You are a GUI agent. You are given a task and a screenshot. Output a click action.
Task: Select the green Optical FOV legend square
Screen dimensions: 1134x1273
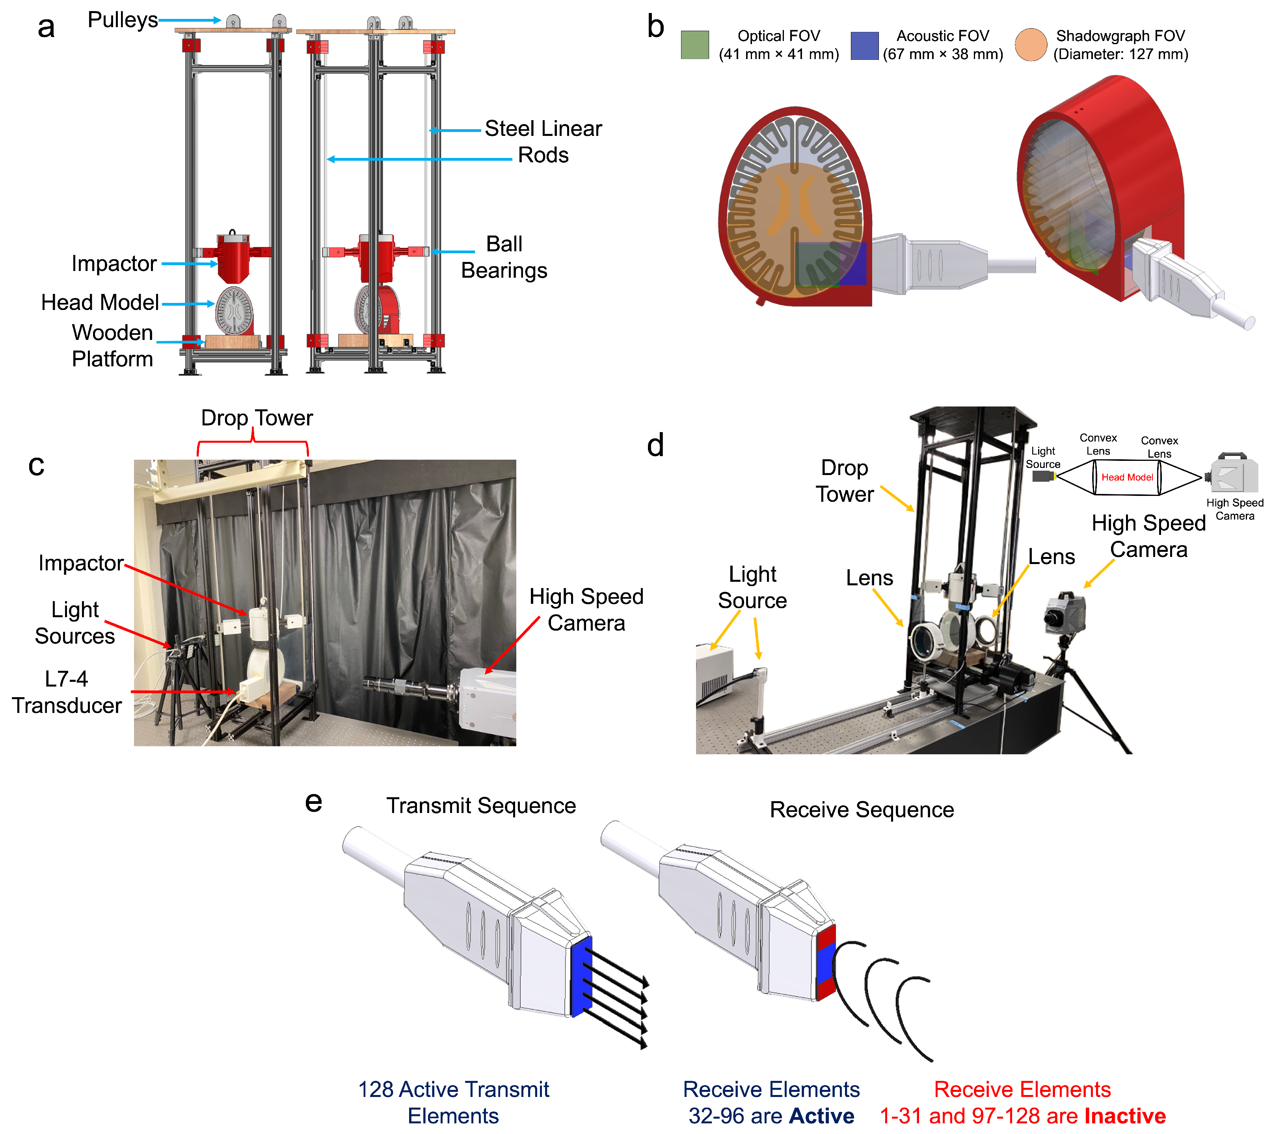click(694, 45)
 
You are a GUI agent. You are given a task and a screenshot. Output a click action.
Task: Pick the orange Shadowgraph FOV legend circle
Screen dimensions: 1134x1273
click(1031, 45)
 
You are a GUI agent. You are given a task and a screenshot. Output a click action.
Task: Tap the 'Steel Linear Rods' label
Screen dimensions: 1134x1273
click(543, 141)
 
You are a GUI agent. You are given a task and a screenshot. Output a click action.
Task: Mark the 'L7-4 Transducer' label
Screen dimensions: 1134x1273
click(67, 692)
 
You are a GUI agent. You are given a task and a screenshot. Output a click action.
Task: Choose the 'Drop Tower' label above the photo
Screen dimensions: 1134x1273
click(256, 418)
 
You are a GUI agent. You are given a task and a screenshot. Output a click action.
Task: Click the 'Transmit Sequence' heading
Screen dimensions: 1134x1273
click(481, 805)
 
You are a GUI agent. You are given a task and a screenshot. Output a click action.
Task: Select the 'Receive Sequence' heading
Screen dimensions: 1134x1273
click(862, 810)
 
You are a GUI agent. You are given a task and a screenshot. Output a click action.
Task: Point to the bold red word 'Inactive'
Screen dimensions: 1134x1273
click(1125, 1116)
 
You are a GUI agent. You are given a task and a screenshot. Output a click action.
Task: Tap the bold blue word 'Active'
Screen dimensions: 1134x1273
click(821, 1116)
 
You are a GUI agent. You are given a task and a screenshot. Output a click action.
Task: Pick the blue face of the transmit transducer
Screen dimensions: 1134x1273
click(581, 976)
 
